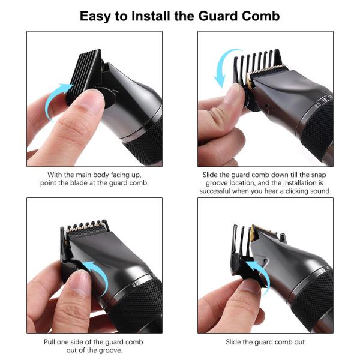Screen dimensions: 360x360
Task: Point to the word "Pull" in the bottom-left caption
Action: [x=53, y=342]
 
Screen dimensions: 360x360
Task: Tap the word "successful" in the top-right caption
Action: [x=220, y=191]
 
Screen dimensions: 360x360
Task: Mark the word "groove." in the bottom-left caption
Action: [x=111, y=350]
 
